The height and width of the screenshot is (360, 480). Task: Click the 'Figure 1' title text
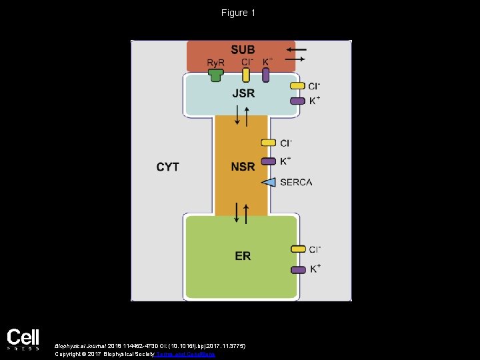(x=239, y=13)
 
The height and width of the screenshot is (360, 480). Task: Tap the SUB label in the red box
(x=243, y=50)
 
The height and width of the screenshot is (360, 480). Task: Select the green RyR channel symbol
(x=215, y=75)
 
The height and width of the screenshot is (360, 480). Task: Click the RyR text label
(x=215, y=63)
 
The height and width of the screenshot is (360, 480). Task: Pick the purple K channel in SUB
(x=265, y=75)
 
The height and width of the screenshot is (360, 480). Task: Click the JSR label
(x=243, y=93)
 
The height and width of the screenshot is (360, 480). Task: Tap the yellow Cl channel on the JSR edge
(x=297, y=86)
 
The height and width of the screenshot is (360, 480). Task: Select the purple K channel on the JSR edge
(x=297, y=101)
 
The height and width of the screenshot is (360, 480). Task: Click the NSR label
(x=243, y=166)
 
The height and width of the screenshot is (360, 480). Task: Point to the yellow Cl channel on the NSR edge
(x=268, y=143)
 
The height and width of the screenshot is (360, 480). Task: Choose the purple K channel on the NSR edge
(x=268, y=161)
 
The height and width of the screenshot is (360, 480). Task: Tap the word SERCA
(x=296, y=182)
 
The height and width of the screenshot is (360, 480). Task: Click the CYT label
(x=167, y=167)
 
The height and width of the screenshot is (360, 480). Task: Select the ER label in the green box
(x=243, y=256)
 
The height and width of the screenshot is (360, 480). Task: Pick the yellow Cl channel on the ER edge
(x=297, y=249)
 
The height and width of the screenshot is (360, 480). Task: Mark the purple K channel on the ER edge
(x=297, y=269)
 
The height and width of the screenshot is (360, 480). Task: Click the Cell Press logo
(x=23, y=339)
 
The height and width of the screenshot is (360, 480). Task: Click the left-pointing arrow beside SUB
(x=297, y=49)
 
